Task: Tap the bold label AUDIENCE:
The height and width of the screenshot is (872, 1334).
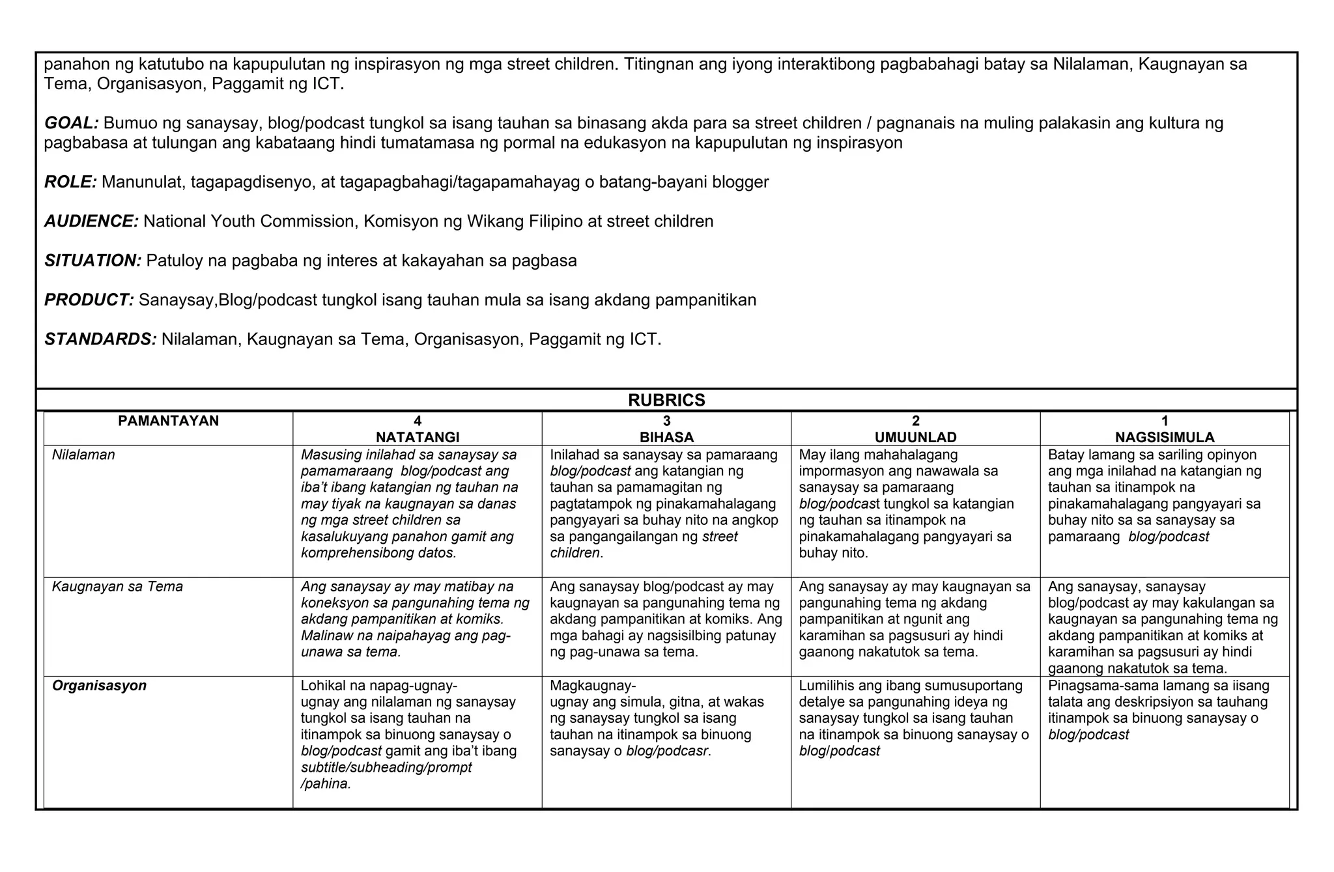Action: (91, 221)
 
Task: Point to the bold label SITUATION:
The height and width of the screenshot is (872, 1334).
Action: (92, 261)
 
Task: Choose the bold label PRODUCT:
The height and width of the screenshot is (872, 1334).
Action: (89, 300)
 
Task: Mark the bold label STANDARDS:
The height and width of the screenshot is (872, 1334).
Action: (100, 339)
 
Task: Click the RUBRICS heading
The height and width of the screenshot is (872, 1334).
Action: (666, 401)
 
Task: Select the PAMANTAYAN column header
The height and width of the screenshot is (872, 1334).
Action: (169, 421)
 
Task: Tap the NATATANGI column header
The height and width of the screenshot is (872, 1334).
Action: (418, 437)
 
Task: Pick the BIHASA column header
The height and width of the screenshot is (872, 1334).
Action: (666, 437)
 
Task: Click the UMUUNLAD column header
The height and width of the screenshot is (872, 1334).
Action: (916, 437)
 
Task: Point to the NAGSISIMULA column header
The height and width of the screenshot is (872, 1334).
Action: (1165, 437)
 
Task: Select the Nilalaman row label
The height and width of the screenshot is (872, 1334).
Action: (83, 455)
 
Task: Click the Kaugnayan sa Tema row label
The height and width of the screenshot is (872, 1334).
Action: (117, 587)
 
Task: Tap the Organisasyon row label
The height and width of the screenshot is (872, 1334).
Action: (99, 686)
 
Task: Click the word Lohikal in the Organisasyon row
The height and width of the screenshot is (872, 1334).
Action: (324, 686)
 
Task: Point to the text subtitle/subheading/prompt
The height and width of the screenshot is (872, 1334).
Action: (386, 768)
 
